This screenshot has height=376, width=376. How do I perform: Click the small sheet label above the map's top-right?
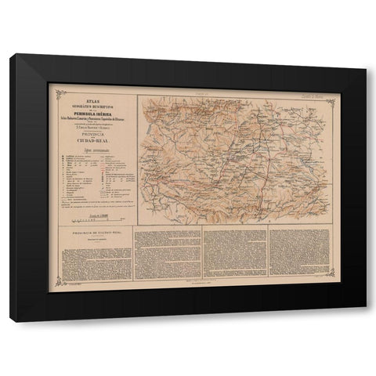point(314,93)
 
